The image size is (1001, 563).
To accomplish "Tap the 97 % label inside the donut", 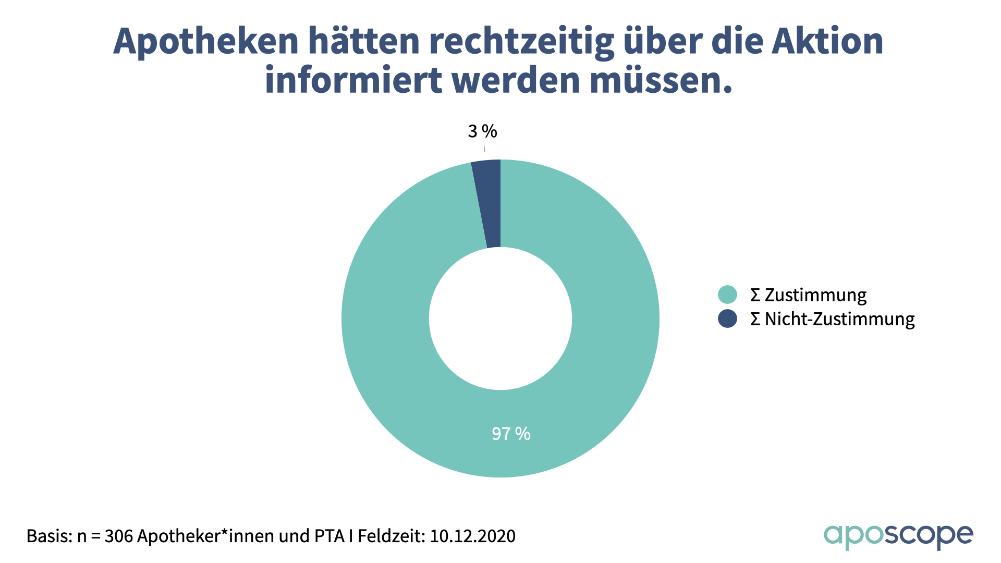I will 511,434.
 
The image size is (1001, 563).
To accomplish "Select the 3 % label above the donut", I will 482,131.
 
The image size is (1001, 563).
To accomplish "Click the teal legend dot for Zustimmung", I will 727,295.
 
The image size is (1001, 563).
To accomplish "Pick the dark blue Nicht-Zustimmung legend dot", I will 727,319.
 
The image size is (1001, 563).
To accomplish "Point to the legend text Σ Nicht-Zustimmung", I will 832,319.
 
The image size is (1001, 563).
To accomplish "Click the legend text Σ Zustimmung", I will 808,295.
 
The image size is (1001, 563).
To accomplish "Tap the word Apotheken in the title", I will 205,42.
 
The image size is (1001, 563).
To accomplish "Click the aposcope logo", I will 898,536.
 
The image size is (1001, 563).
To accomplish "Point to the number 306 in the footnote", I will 118,536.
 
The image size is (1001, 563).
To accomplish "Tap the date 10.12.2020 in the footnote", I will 472,536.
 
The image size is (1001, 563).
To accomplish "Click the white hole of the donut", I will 500,319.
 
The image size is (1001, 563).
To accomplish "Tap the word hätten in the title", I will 364,42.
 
